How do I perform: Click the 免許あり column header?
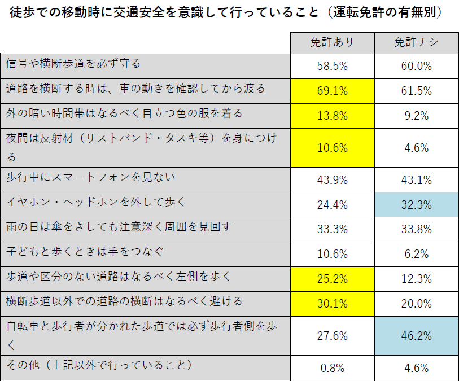pos(332,43)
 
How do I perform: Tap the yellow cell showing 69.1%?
pos(332,91)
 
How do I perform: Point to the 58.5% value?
pos(332,66)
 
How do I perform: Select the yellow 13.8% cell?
pos(332,116)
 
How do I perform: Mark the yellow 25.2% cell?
pos(332,279)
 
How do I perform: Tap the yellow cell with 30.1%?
pos(332,304)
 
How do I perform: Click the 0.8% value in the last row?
pos(332,369)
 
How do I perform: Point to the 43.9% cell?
pos(332,180)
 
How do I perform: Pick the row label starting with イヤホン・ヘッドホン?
pos(95,202)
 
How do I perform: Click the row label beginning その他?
pos(99,365)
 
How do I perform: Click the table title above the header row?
pos(225,12)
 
